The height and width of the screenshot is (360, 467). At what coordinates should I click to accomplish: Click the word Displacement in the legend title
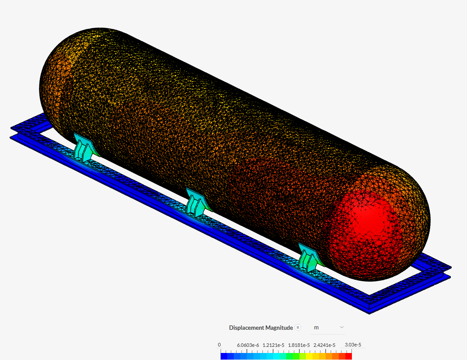pos(246,328)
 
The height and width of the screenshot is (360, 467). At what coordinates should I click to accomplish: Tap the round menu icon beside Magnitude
pos(298,328)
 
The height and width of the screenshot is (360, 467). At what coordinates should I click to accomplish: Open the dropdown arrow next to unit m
pos(342,327)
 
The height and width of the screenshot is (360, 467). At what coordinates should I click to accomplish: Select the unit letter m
pos(316,328)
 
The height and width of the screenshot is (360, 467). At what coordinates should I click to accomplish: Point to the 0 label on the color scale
pos(219,345)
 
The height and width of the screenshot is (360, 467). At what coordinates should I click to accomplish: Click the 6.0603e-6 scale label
pos(248,345)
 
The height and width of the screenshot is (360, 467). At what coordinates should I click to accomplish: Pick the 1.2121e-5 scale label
pos(274,345)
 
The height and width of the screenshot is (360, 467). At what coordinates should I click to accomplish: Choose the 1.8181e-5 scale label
pos(299,345)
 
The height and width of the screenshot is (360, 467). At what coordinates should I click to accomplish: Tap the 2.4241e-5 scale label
pos(324,345)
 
